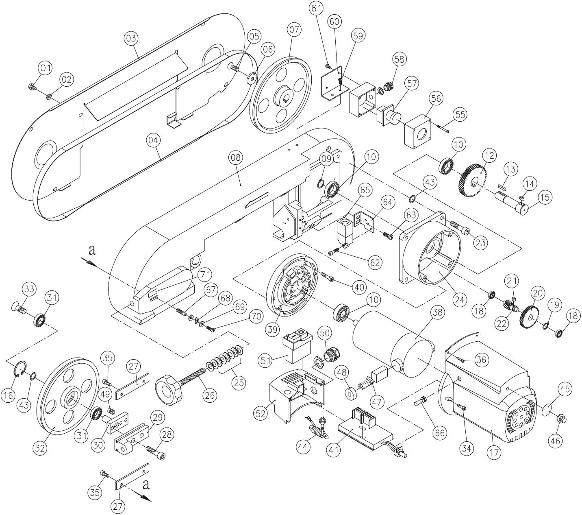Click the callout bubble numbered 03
click(131, 38)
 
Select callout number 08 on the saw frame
click(236, 157)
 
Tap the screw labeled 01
click(32, 86)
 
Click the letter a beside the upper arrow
click(92, 250)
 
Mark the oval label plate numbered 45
click(549, 408)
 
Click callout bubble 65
click(365, 190)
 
